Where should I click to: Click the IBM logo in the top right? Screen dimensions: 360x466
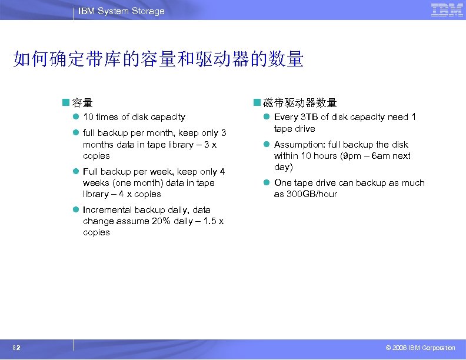[447, 10]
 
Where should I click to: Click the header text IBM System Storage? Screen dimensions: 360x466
[121, 11]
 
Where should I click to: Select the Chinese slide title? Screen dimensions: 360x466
[158, 59]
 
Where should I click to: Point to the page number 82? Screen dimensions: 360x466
[18, 348]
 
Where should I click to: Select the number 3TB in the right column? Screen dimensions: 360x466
[307, 117]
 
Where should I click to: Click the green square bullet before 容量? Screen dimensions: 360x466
[66, 103]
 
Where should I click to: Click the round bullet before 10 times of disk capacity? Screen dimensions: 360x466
[76, 117]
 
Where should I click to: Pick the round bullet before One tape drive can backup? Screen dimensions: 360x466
[267, 183]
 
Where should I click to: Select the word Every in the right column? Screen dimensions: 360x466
[285, 117]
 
